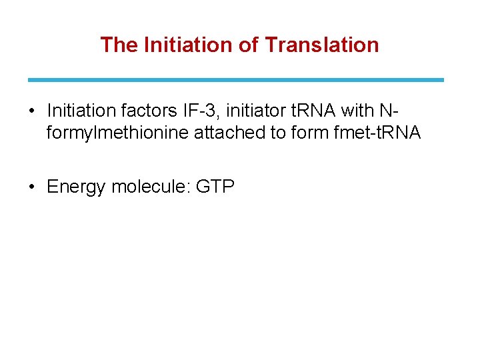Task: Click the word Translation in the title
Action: pos(322,45)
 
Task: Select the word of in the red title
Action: pos(247,45)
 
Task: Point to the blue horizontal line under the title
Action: pos(235,80)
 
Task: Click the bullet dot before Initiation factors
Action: pos(32,109)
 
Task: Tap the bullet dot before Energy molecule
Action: pos(32,187)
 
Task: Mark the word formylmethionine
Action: pos(117,133)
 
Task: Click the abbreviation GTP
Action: pos(215,187)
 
